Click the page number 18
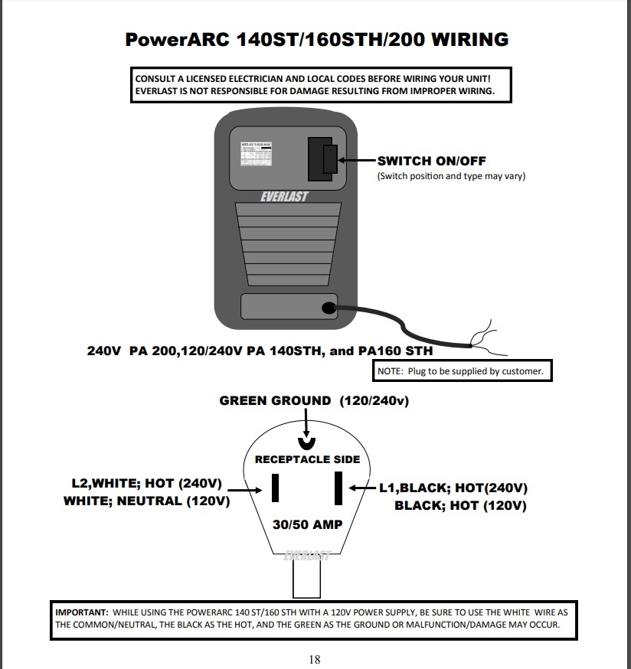click(315, 659)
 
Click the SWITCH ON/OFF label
click(432, 161)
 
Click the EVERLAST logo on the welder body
click(283, 197)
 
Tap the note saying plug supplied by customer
click(461, 371)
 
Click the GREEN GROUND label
click(275, 400)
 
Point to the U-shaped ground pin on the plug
click(306, 444)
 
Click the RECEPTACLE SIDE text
click(307, 459)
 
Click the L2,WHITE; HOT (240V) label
click(146, 484)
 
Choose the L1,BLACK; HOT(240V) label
click(453, 488)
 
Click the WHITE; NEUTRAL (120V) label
click(146, 501)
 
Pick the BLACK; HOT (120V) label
click(460, 505)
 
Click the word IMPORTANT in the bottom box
click(81, 613)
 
